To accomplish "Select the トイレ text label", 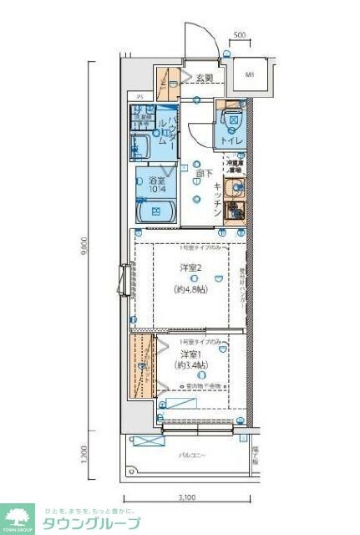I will coord(231,141).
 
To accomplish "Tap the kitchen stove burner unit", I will coord(236,211).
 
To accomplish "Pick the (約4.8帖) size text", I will coord(191,289).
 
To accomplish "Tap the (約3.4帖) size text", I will coord(191,365).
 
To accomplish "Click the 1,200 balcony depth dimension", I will coord(86,454).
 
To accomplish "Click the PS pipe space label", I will coord(140,96).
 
